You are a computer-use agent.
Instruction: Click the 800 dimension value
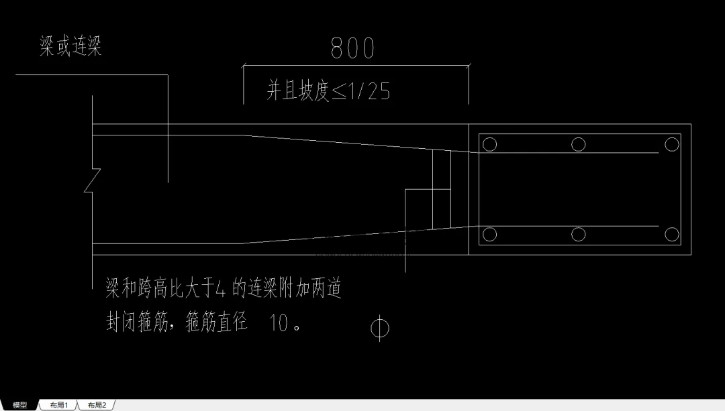(352, 48)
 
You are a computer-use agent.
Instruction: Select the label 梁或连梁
(70, 46)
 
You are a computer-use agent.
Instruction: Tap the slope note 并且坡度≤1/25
(328, 91)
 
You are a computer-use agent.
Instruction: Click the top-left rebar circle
(489, 145)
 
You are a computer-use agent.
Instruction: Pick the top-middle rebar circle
(578, 145)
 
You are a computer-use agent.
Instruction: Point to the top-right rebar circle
(672, 145)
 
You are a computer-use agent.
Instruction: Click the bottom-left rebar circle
(489, 235)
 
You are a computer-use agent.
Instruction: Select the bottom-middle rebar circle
(578, 235)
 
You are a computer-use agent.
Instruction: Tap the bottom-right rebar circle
(672, 235)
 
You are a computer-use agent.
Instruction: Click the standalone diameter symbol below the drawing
(379, 329)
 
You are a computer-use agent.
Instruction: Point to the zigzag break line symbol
(93, 180)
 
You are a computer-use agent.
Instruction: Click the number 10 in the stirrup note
(279, 322)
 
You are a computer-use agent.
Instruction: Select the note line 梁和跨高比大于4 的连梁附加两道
(224, 288)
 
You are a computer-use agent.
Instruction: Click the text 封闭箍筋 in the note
(137, 322)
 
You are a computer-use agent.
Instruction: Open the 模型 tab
(20, 405)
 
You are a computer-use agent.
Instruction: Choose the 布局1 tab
(58, 405)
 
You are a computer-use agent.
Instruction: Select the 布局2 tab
(97, 405)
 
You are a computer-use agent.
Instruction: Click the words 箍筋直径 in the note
(216, 322)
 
